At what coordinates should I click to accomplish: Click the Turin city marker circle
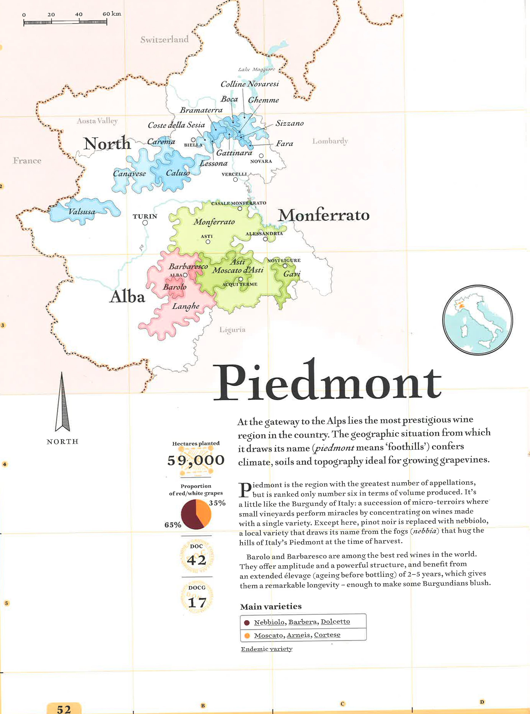(x=145, y=222)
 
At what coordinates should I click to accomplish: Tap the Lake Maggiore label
(x=256, y=69)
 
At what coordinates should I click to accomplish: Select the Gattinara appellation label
(x=234, y=153)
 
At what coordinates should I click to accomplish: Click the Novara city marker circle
(x=261, y=156)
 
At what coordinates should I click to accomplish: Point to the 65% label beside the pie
(x=173, y=525)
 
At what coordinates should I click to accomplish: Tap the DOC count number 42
(x=196, y=560)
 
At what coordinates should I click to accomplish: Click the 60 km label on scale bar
(x=112, y=14)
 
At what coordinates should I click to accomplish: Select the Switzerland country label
(x=164, y=40)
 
